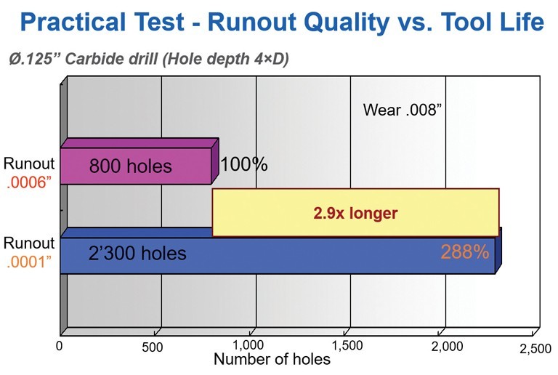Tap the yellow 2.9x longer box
(x=355, y=213)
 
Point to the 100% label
(x=243, y=165)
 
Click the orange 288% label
(x=464, y=251)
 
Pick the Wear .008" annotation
(x=403, y=110)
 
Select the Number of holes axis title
(x=272, y=359)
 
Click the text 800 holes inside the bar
(x=130, y=166)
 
